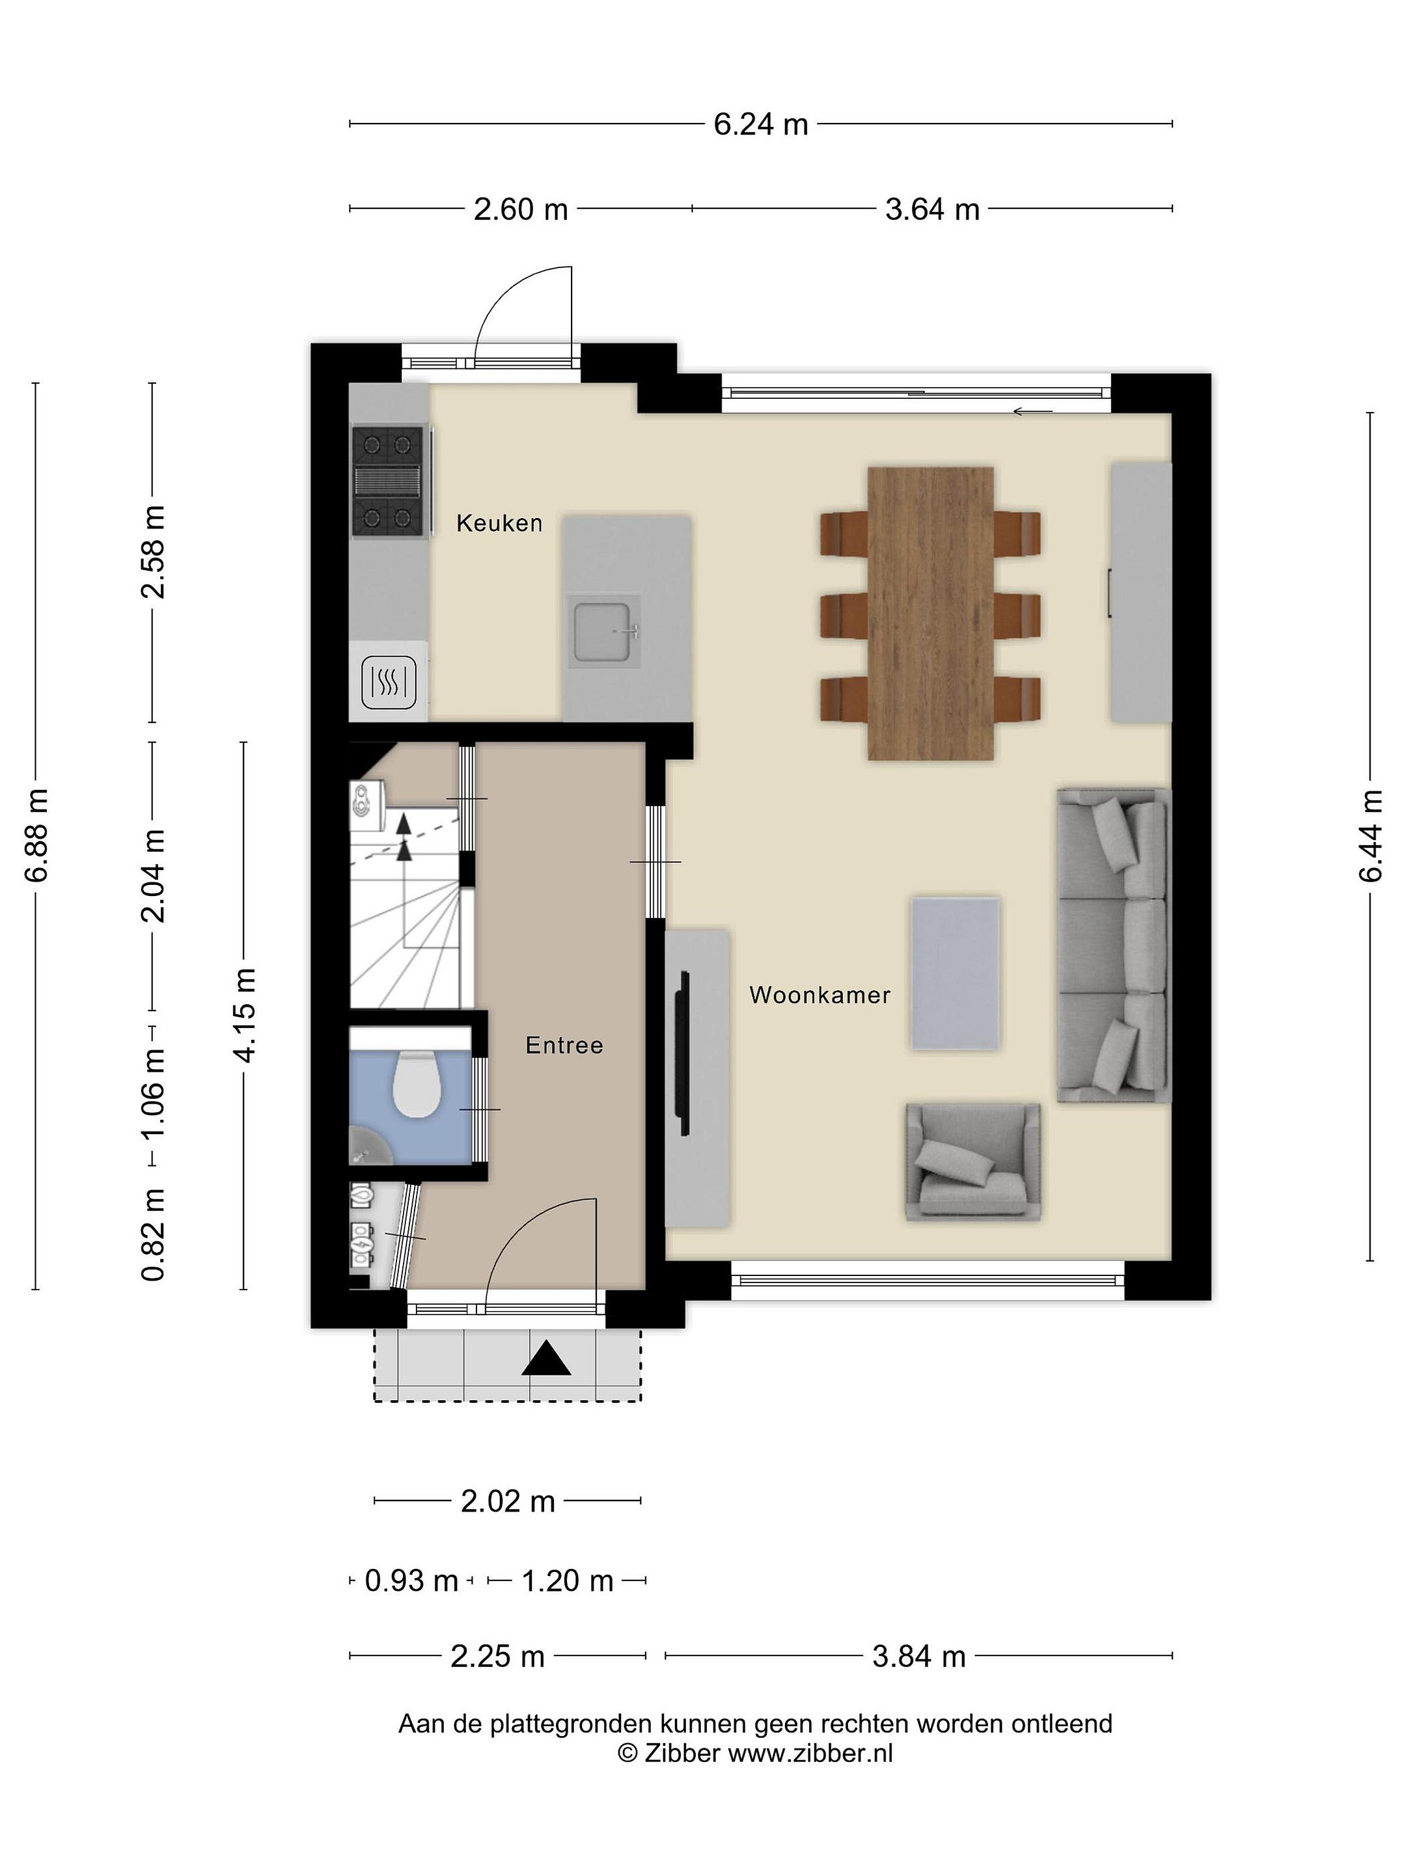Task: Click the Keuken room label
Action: pyautogui.click(x=499, y=523)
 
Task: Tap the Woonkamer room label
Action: pyautogui.click(x=820, y=995)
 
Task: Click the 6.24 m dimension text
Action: pyautogui.click(x=761, y=124)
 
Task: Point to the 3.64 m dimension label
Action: pyautogui.click(x=932, y=210)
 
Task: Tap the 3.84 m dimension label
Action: pyautogui.click(x=920, y=1656)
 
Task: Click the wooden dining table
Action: pyautogui.click(x=931, y=614)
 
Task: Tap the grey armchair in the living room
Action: pyautogui.click(x=973, y=1161)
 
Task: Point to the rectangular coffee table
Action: pyautogui.click(x=955, y=973)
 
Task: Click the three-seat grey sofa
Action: pyautogui.click(x=1113, y=945)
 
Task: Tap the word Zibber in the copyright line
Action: pyautogui.click(x=682, y=1753)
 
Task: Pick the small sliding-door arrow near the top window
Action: pyautogui.click(x=1032, y=413)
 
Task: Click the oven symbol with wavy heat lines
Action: pyautogui.click(x=389, y=683)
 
